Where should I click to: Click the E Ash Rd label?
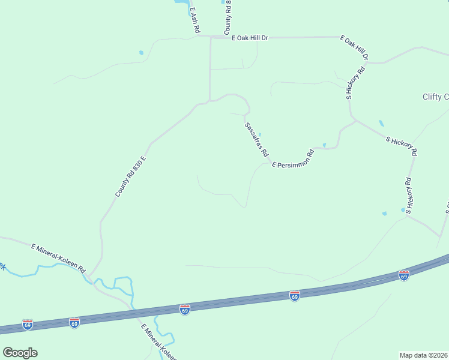tap(194, 20)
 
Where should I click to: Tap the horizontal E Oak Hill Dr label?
tap(250, 38)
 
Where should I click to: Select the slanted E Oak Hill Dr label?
tap(354, 48)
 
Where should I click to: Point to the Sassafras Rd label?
tap(256, 140)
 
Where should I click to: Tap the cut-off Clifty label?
tap(435, 97)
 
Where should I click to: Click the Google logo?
tap(20, 353)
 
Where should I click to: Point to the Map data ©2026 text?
tap(424, 355)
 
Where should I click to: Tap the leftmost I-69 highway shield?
tap(27, 325)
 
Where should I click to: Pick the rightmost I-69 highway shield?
tap(404, 275)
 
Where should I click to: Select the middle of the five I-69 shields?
tap(185, 310)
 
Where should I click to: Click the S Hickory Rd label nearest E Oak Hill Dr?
tap(356, 84)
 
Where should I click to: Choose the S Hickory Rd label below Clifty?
tap(401, 146)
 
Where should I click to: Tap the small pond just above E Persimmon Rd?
tap(324, 145)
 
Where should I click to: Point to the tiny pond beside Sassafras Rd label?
tap(260, 134)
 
